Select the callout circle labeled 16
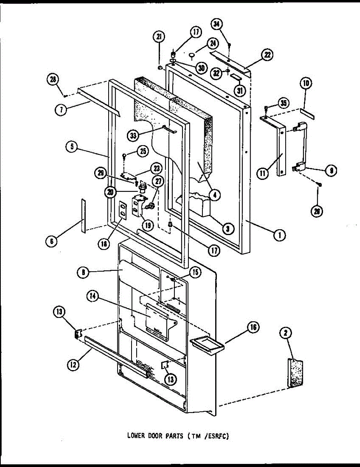(x=253, y=328)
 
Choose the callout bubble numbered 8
(x=83, y=273)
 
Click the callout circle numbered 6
(x=51, y=241)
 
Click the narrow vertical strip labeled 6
(x=83, y=215)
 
